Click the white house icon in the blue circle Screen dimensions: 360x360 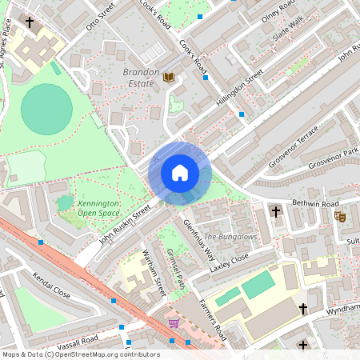(x=180, y=172)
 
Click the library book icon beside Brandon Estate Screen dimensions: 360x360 (x=169, y=78)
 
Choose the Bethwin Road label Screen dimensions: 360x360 (x=311, y=204)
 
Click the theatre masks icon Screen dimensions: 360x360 (x=340, y=216)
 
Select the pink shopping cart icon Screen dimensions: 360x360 (x=174, y=323)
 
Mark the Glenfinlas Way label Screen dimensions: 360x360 (x=199, y=236)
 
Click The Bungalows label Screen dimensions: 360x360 (x=230, y=237)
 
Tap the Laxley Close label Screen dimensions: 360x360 (x=230, y=262)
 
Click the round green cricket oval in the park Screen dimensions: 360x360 (x=46, y=109)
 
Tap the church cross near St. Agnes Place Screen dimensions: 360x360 (x=30, y=23)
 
